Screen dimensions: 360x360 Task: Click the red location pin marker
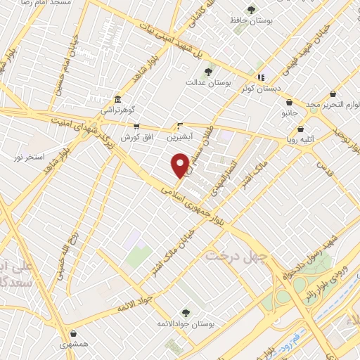coord(180,166)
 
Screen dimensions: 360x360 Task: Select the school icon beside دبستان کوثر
coord(261,77)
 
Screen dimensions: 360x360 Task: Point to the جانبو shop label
coord(290,112)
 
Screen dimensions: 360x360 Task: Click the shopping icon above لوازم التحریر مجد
coord(333,94)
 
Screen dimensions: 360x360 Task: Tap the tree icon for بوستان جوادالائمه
coord(186,313)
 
